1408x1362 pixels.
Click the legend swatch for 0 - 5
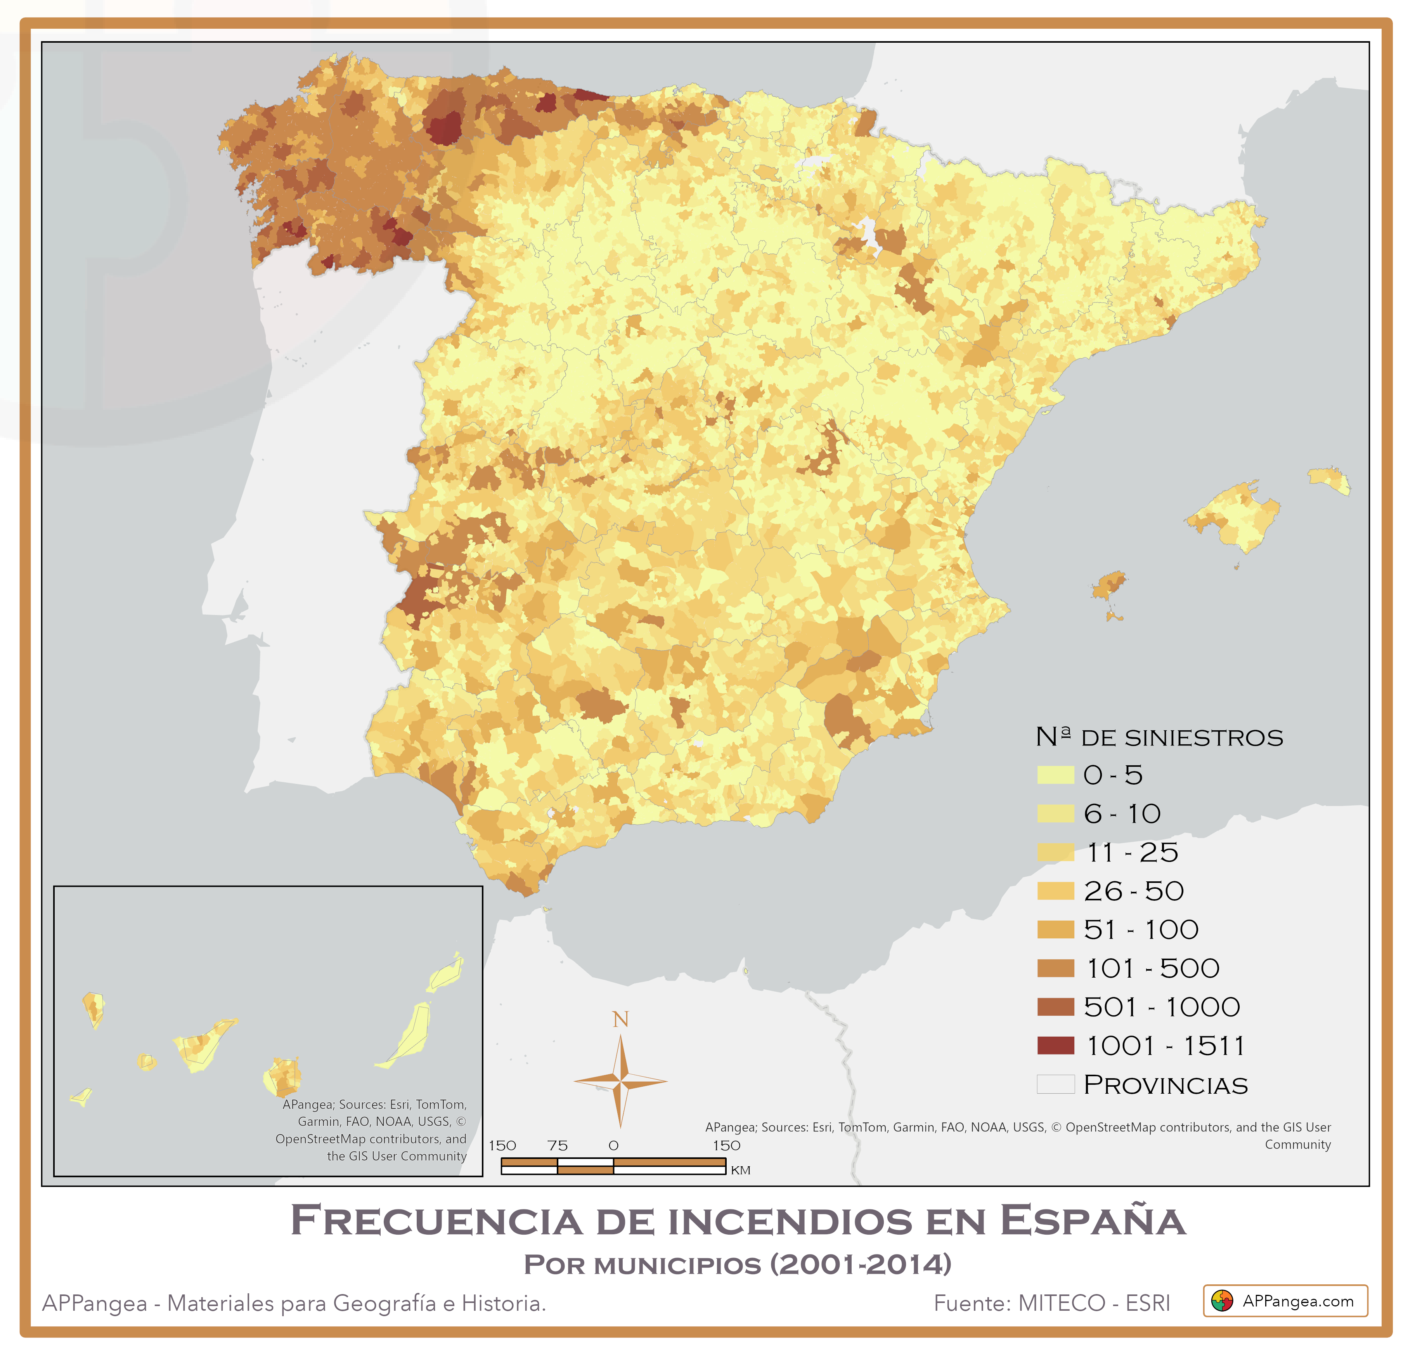click(1055, 775)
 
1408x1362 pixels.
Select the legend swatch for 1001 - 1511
click(1055, 1046)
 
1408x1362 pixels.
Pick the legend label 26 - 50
click(1134, 891)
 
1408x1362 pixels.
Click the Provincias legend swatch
click(1055, 1084)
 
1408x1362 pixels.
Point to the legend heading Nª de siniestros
click(1159, 737)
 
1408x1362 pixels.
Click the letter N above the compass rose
click(621, 1019)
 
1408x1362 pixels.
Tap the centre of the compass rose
click(621, 1080)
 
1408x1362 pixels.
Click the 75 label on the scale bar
click(558, 1146)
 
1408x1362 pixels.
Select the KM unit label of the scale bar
click(741, 1171)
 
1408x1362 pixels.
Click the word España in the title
click(1092, 1222)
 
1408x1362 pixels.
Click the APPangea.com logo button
click(1285, 1301)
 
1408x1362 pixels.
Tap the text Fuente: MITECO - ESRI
click(1052, 1303)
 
